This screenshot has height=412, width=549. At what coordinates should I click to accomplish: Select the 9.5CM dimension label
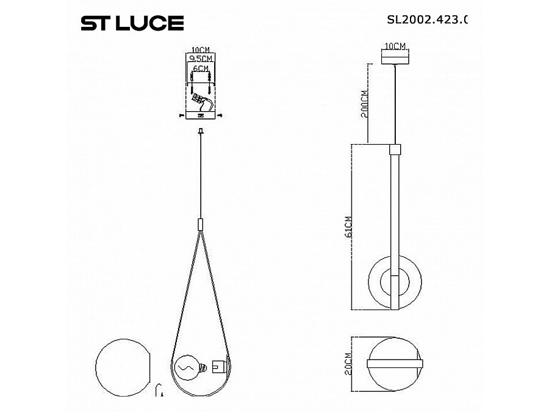click(x=200, y=58)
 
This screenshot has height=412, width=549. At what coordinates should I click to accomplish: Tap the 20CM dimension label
click(x=348, y=364)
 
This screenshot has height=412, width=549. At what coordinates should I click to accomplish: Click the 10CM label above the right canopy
click(x=396, y=46)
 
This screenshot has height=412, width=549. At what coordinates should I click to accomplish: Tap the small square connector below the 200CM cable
click(x=396, y=148)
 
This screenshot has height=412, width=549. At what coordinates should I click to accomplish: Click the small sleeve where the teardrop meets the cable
click(x=200, y=223)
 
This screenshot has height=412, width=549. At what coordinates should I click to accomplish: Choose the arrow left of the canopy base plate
click(x=181, y=115)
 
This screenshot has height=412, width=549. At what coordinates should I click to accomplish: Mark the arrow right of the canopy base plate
click(x=220, y=115)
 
